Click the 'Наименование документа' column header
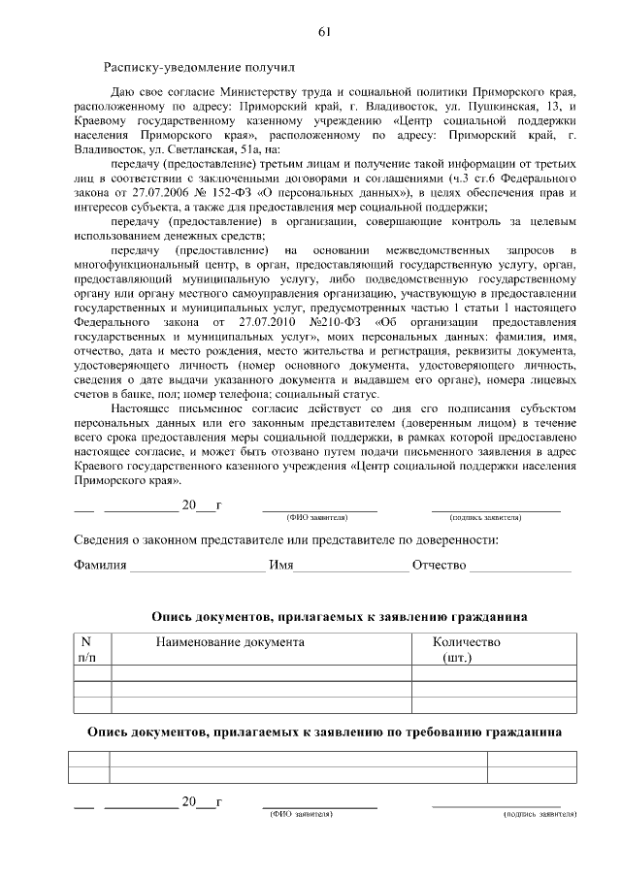pyautogui.click(x=230, y=642)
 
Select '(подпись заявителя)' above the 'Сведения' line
pyautogui.click(x=495, y=518)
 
